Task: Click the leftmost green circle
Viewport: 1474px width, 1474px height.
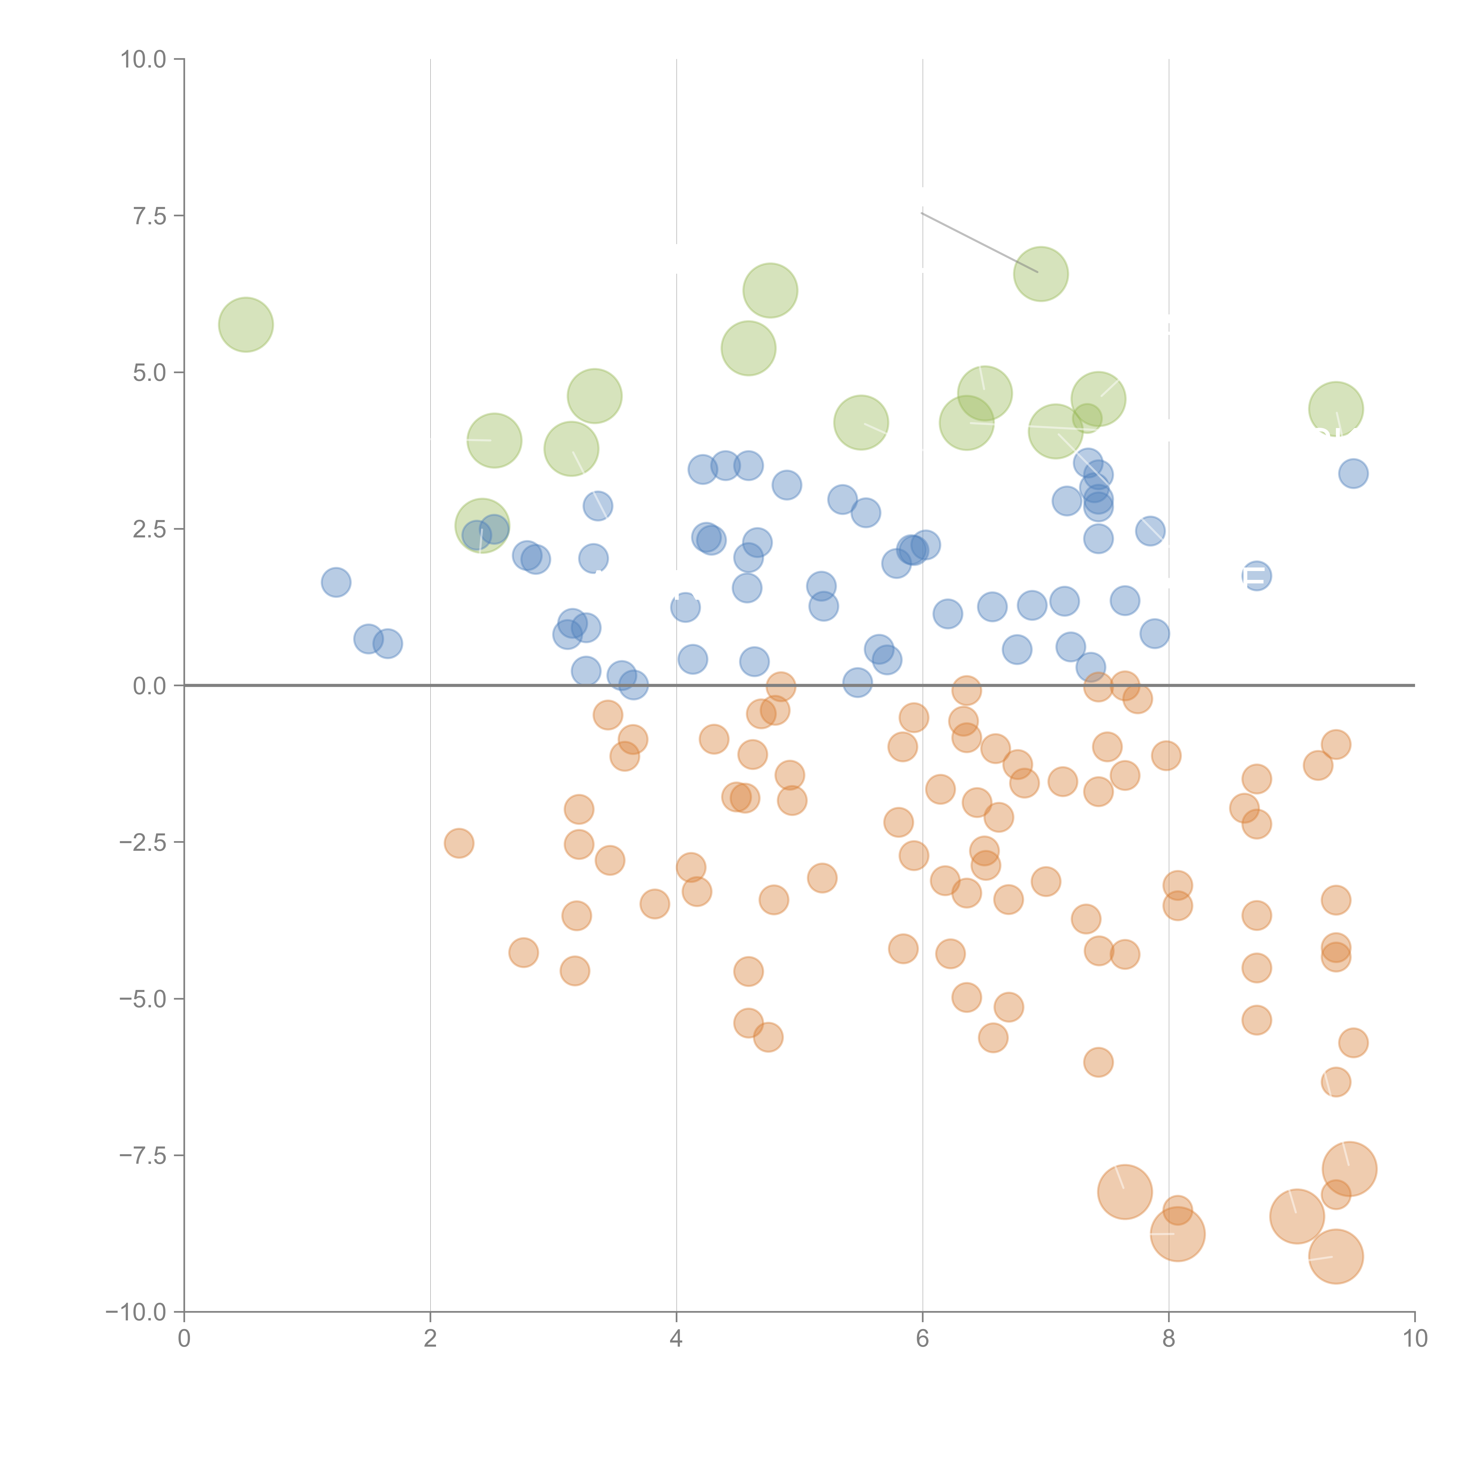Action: tap(246, 325)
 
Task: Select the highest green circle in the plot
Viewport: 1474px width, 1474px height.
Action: tap(1041, 274)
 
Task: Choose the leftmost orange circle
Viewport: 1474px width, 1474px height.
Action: tap(458, 843)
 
